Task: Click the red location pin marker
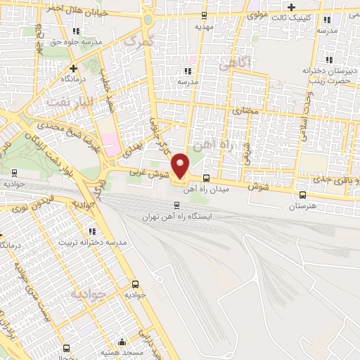(181, 166)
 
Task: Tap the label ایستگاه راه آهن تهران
(176, 217)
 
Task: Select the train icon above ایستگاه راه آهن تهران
(176, 206)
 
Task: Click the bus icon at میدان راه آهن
(206, 179)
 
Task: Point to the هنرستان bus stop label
(303, 207)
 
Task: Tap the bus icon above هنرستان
(302, 195)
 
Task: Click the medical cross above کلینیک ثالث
(290, 6)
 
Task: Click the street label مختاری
(245, 110)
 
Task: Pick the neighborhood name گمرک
(136, 43)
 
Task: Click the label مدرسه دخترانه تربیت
(93, 242)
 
